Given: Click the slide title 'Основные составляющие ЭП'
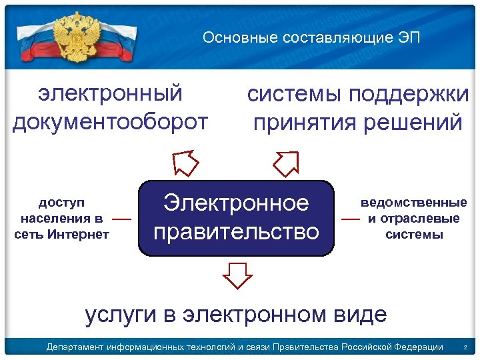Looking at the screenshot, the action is [x=311, y=37].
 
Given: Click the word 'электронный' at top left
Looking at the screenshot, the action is [x=110, y=93].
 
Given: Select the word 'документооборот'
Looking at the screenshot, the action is [x=110, y=122].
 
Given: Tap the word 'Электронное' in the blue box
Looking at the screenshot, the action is [x=236, y=203].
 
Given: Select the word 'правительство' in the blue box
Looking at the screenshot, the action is [x=236, y=232].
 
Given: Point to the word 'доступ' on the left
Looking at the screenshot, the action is [x=61, y=202].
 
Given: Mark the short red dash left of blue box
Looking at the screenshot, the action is [x=121, y=218].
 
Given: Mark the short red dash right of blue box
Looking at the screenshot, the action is [x=350, y=218].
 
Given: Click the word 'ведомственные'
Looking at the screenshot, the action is [x=413, y=202].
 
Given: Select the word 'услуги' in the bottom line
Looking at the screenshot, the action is [x=119, y=313].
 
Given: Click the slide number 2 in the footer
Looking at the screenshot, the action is [x=465, y=347].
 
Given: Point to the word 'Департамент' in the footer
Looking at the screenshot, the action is [x=73, y=347].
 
